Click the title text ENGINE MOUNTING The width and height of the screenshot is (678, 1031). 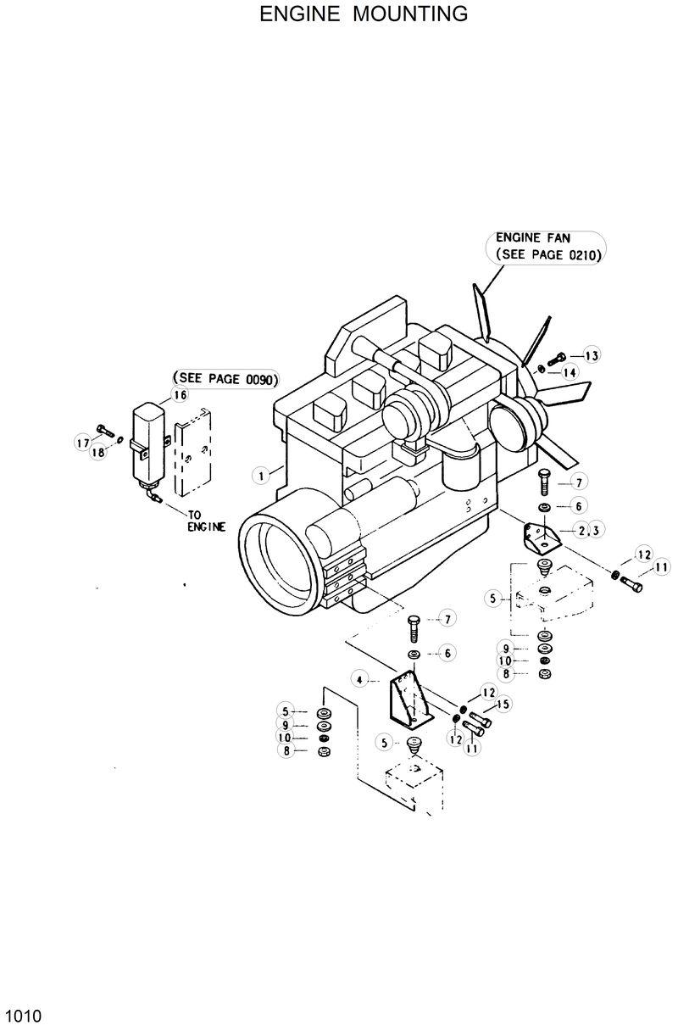[364, 14]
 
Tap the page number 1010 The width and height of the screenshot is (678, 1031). [23, 1016]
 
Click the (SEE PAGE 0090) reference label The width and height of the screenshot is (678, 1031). [225, 380]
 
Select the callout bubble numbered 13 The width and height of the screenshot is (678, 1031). [591, 355]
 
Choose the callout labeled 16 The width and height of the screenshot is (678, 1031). [180, 394]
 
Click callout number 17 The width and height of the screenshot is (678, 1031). [83, 441]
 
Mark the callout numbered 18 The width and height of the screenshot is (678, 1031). [98, 453]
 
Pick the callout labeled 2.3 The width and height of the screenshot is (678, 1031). [590, 531]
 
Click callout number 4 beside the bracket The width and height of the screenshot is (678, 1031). [360, 679]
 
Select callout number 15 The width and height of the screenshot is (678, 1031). [503, 704]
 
